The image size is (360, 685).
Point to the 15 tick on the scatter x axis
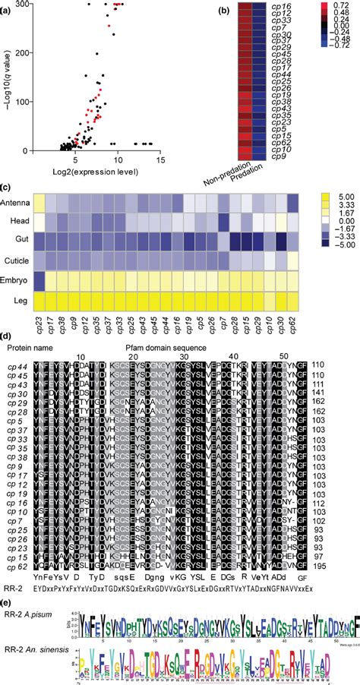pos(161,160)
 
